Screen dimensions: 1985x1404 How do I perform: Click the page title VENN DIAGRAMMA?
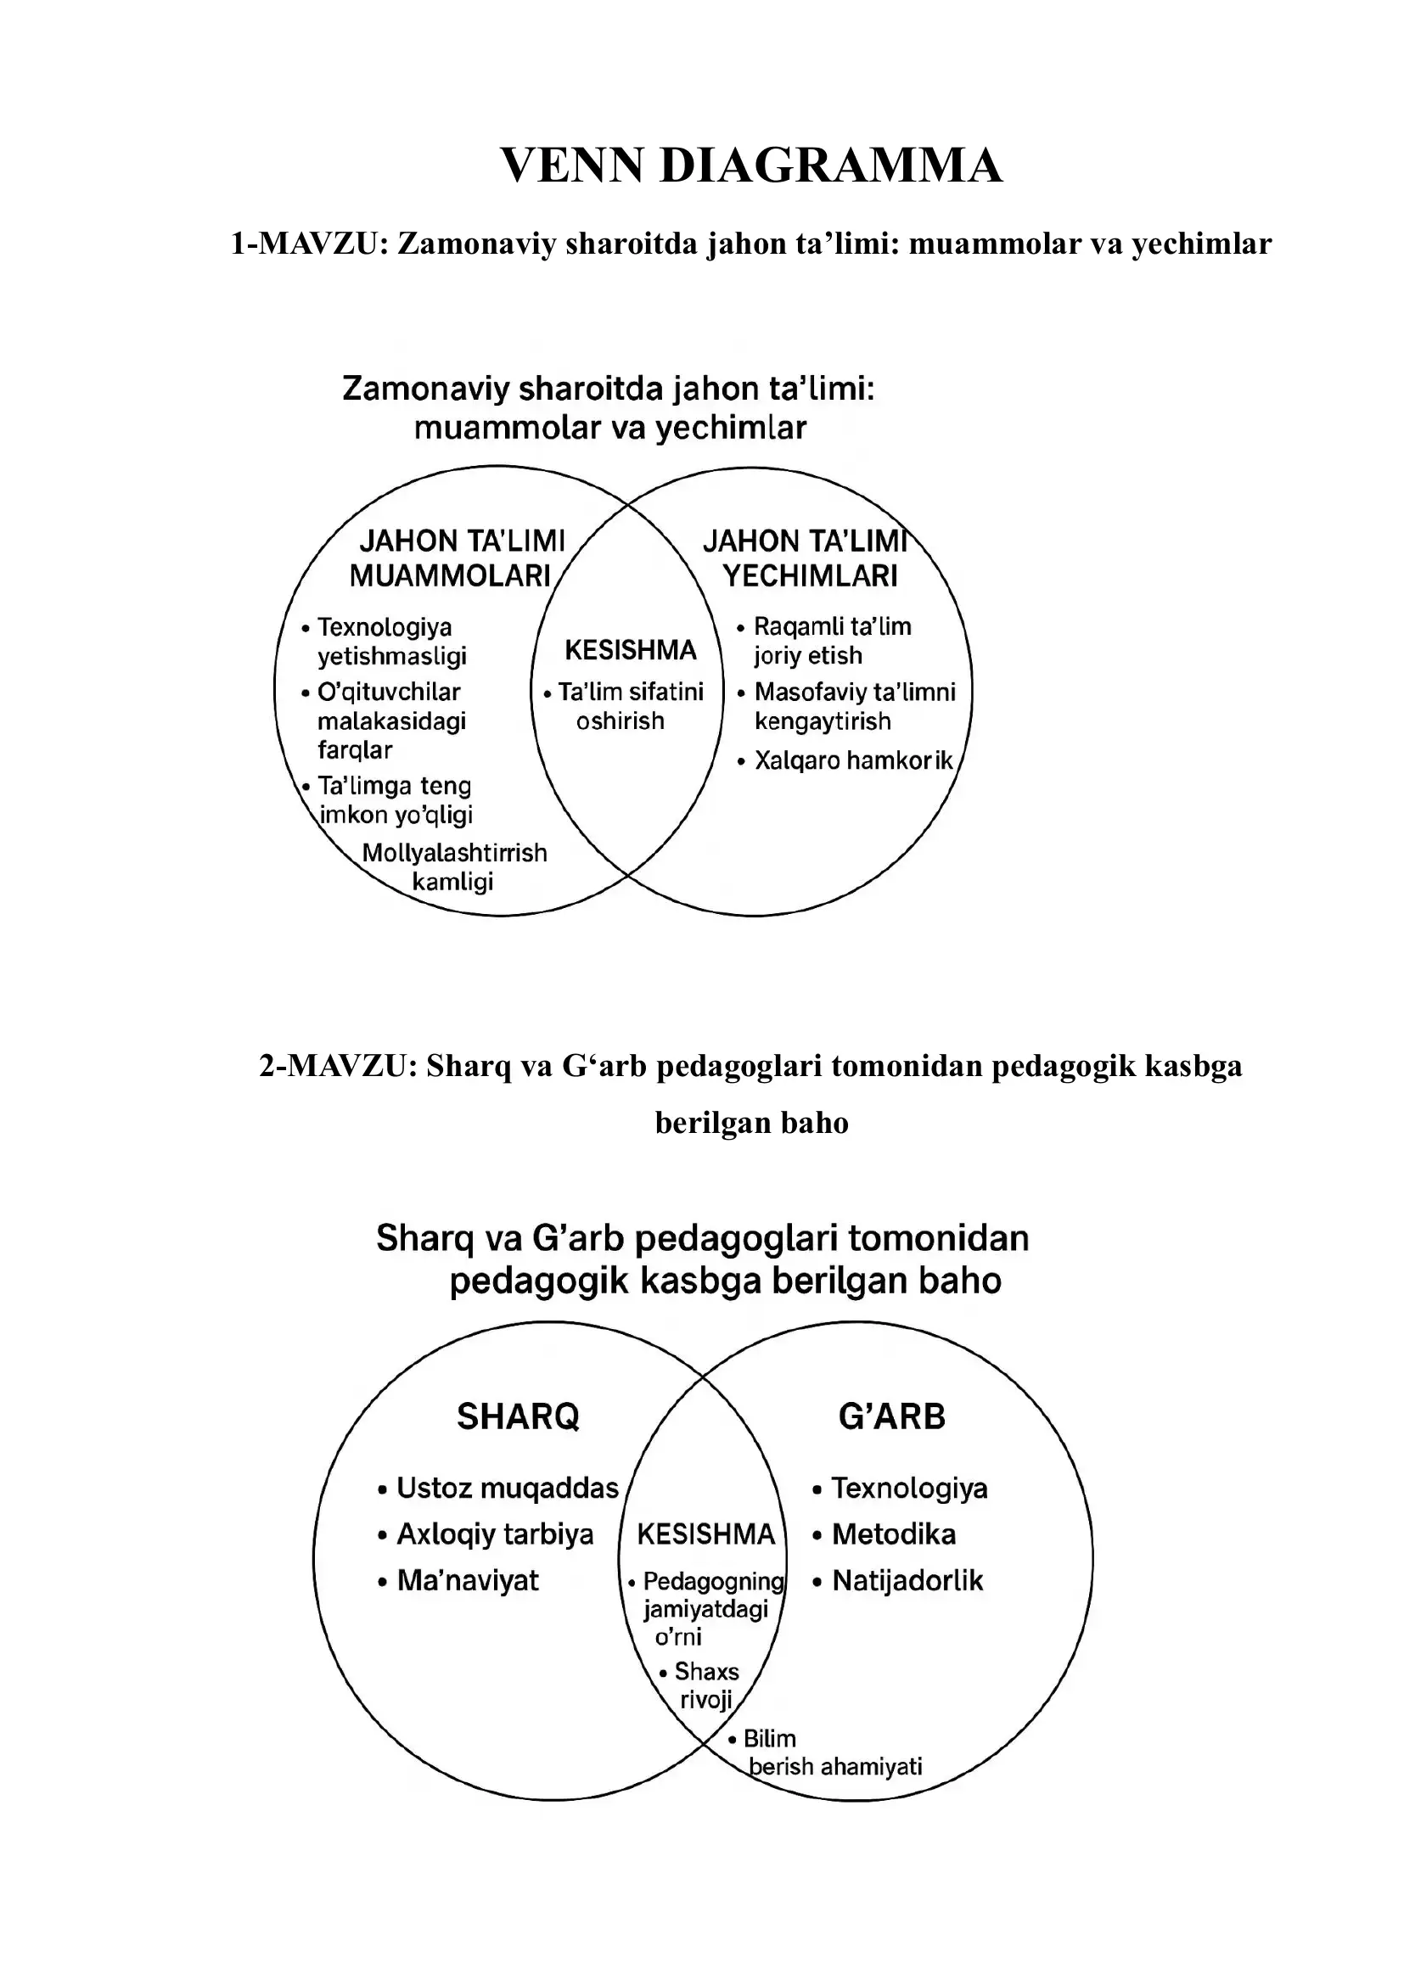750,165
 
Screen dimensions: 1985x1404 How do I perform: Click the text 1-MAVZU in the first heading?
307,244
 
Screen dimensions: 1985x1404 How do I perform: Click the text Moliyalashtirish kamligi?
454,867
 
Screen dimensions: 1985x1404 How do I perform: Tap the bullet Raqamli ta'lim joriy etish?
831,641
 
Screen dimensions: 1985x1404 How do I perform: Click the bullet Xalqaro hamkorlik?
852,760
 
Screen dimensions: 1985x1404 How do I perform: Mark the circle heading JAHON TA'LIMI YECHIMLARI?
807,558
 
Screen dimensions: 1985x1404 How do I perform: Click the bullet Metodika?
893,1534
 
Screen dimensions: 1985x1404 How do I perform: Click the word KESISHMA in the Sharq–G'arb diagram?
705,1534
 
